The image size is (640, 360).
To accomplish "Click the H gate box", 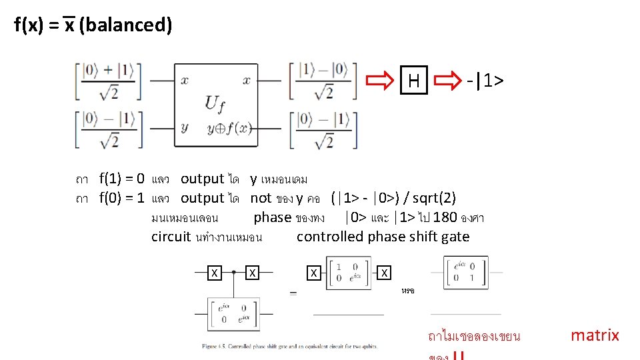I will pos(414,81).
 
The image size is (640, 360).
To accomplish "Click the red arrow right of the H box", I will pos(447,81).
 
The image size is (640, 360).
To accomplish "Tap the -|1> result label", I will pos(485,81).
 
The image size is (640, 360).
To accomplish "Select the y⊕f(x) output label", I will pos(229,128).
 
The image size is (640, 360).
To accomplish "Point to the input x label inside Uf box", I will pos(184,81).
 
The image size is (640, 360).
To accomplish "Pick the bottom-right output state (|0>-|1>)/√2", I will pos(323,129).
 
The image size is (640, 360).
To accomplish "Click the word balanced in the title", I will pos(125,25).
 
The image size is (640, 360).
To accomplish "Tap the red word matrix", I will pos(595,335).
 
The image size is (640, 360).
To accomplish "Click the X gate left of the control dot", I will pos(214,273).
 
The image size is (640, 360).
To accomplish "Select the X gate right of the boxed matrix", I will pos(385,273).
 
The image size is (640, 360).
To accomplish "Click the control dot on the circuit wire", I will pos(233,273).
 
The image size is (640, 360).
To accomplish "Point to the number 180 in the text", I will pos(445,217).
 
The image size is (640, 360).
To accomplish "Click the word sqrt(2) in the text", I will pos(434,198).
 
